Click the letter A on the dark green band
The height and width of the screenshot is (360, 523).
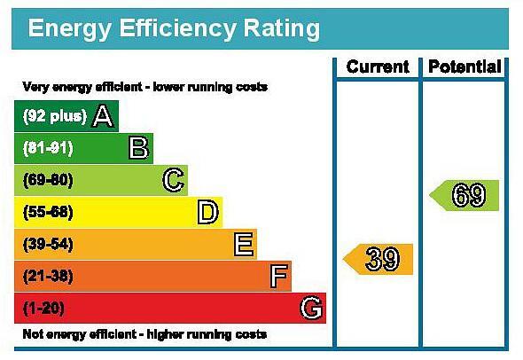103,116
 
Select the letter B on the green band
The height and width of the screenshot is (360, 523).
138,148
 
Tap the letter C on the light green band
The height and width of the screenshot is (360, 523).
173,180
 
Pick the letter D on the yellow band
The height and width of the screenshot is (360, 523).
207,212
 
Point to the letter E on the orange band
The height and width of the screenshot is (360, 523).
244,244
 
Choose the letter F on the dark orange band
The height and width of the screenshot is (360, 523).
278,276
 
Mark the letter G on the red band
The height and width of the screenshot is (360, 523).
311,308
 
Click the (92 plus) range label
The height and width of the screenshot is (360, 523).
55,116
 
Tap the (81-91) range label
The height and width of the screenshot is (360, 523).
48,148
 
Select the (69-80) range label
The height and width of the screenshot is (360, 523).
48,180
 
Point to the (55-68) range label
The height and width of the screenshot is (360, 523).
48,212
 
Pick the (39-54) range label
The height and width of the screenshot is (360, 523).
48,244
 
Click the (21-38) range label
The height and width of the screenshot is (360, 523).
48,277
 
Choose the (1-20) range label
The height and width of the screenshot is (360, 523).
43,308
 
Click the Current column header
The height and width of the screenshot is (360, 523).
378,67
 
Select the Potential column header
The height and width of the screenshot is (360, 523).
464,67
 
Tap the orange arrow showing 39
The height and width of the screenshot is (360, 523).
378,259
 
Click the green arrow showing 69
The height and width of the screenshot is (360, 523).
464,195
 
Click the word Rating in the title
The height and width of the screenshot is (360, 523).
282,29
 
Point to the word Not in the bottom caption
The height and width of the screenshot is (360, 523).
31,334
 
